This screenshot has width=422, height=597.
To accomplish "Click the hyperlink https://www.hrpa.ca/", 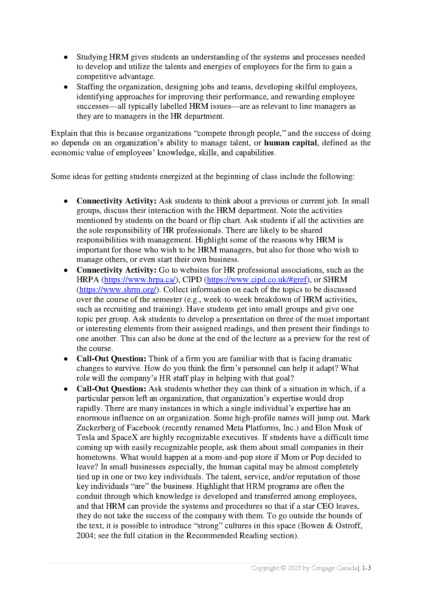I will (140, 280).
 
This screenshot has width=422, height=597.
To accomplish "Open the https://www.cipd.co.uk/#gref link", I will (257, 280).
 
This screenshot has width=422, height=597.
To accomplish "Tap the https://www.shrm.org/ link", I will (117, 290).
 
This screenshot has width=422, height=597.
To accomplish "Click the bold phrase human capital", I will (290, 143).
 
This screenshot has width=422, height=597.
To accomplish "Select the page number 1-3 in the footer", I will (366, 568).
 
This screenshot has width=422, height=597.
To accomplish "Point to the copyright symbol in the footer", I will (283, 568).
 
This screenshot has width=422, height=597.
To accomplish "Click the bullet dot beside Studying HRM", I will (66, 57).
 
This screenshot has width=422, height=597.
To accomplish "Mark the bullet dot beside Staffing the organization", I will (66, 87).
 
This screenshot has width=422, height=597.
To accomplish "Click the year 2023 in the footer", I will (294, 568).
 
